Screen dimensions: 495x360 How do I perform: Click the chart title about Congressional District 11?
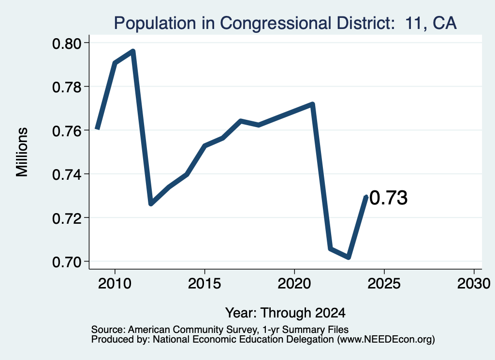285,23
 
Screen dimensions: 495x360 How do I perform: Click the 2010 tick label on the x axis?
115,284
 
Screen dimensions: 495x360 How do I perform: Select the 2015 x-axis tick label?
204,284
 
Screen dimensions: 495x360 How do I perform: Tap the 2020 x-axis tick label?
294,284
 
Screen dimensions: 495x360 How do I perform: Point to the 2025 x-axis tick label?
384,284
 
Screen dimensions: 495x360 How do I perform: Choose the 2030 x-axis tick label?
474,284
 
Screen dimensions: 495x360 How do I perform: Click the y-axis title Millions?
22,152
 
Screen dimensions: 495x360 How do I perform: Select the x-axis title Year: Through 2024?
285,313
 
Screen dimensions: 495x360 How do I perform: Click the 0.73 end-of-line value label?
388,198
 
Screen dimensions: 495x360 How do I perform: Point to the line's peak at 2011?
133,51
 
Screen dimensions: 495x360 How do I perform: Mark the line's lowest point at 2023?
349,258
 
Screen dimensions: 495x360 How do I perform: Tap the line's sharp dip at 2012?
151,203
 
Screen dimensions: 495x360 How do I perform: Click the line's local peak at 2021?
313,104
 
